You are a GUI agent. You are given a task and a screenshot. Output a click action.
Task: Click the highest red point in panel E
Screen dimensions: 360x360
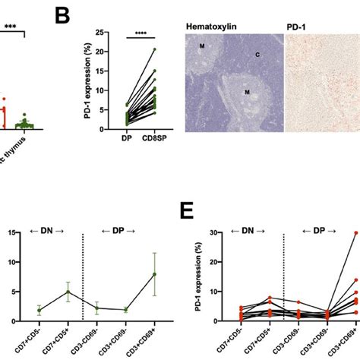(x=355, y=232)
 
